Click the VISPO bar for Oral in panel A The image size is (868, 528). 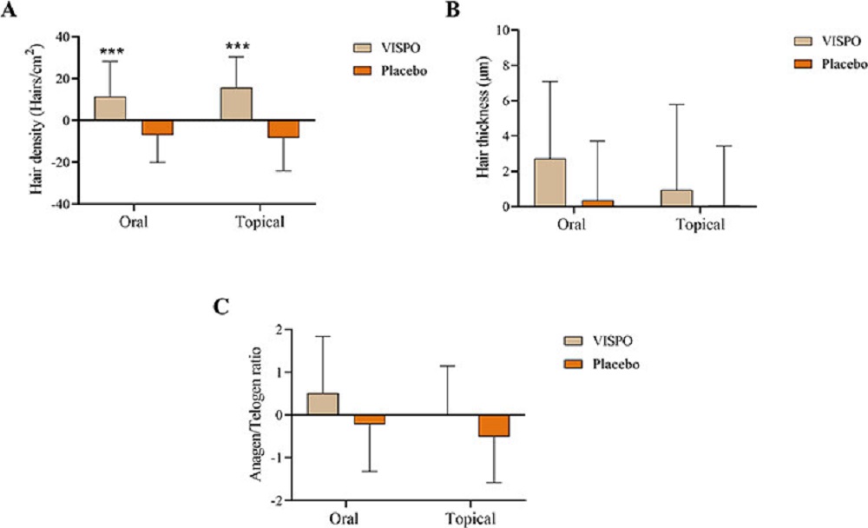[x=110, y=109]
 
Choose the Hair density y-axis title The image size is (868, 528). [x=37, y=120]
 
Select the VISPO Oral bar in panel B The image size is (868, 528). [x=550, y=182]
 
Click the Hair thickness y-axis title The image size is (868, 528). [x=483, y=118]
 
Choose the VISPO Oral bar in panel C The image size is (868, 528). [x=323, y=405]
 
